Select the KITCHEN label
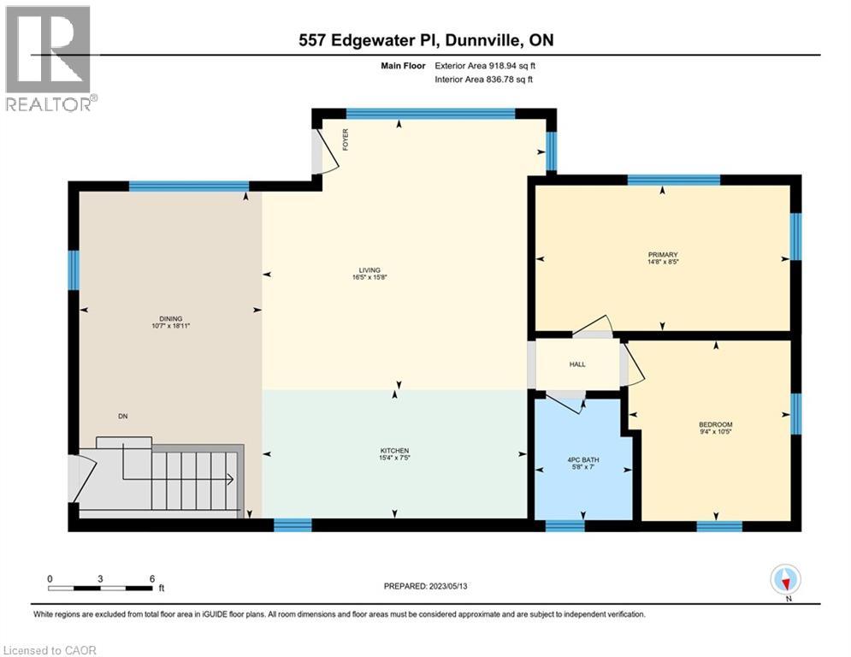(x=394, y=451)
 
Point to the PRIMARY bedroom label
(x=662, y=254)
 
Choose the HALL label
(x=577, y=364)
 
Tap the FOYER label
(x=346, y=140)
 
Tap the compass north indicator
(x=784, y=580)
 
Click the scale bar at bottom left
(x=101, y=587)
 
